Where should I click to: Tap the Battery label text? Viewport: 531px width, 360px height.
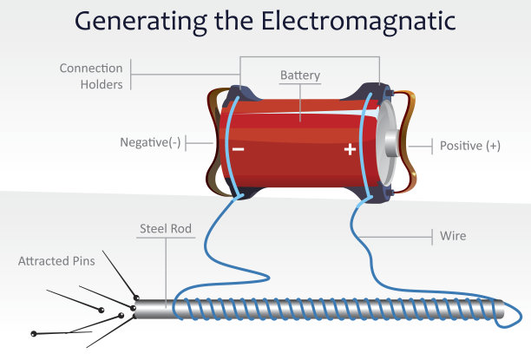point(300,75)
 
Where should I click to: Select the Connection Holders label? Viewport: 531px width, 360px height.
point(91,75)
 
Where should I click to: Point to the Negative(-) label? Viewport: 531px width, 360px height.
point(150,143)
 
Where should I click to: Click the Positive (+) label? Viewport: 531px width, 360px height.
point(469,146)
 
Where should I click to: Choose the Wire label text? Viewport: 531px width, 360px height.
point(453,235)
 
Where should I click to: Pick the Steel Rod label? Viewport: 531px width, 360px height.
point(166,230)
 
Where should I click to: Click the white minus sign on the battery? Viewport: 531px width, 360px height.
point(238,148)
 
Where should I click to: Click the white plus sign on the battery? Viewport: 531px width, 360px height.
point(350,149)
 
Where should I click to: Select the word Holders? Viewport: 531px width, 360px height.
point(102,84)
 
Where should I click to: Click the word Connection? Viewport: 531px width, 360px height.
point(91,68)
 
